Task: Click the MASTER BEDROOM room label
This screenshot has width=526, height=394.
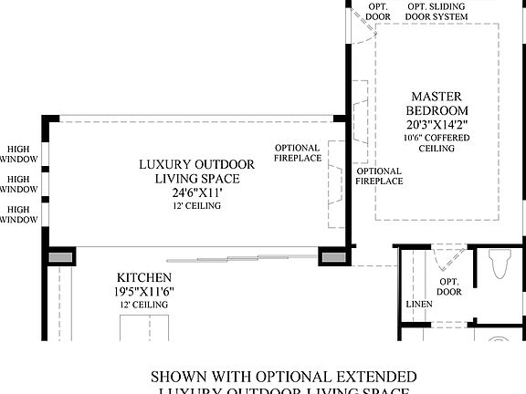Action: point(436,103)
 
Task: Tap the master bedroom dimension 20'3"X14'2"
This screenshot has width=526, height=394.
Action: point(436,124)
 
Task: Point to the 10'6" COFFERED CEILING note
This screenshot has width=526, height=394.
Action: point(436,142)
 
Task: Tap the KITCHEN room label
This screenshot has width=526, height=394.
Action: point(144,277)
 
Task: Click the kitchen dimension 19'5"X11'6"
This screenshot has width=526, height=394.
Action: point(144,292)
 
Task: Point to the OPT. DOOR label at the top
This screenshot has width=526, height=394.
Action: point(378,12)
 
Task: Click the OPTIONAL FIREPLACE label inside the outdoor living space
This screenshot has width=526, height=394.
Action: point(297,153)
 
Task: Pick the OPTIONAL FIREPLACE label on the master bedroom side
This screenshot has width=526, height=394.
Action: point(379,176)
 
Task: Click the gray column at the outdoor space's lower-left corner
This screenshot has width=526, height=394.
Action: point(61,259)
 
